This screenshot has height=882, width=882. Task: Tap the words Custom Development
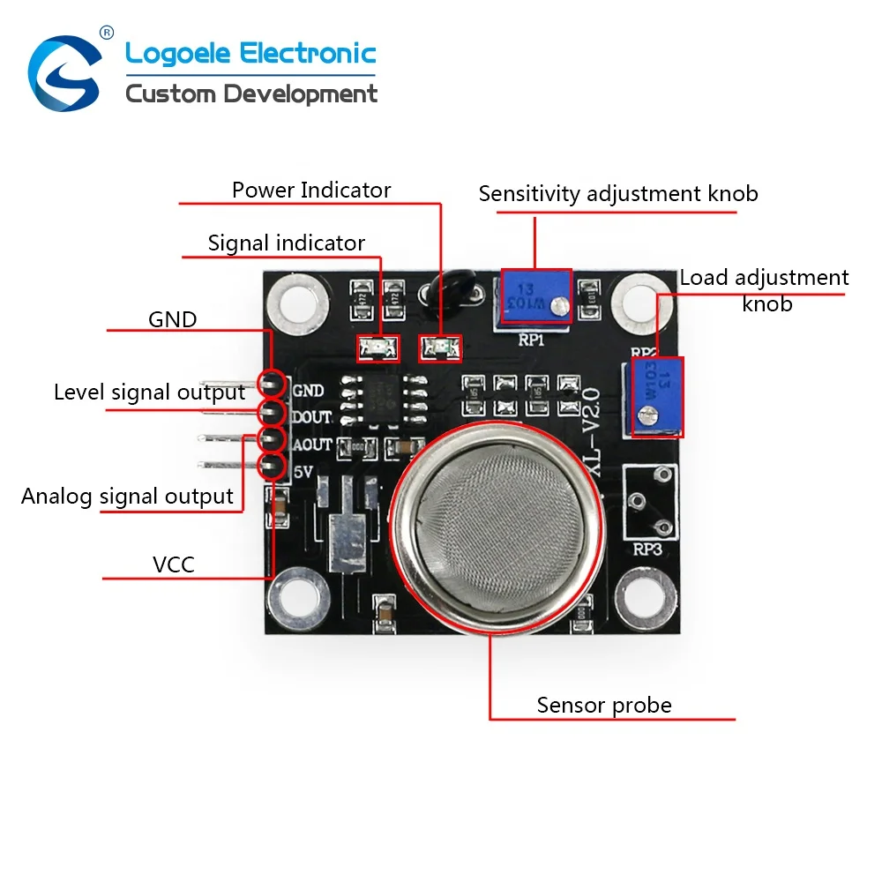point(251,93)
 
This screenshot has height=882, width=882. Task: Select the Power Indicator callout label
point(310,190)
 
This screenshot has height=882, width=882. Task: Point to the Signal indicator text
point(286,243)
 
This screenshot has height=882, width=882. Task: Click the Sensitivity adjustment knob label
point(617,193)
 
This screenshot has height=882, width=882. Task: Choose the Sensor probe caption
point(604,706)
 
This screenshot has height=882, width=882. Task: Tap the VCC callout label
point(174,564)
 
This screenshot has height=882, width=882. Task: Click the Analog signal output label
point(127,497)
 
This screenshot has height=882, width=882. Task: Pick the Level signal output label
point(149,392)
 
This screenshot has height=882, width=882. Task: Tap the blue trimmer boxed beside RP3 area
point(658,396)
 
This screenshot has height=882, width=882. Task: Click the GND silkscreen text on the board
point(308,390)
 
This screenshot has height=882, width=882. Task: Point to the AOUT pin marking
point(310,445)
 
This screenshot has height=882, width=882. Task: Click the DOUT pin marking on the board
point(310,417)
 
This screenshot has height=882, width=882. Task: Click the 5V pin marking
point(303,472)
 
